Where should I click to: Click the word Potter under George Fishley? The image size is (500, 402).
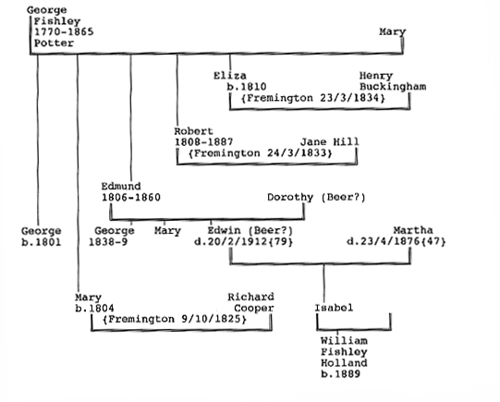coord(54,43)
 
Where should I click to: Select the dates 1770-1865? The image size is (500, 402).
coord(64,31)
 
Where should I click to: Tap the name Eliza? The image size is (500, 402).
coord(230,76)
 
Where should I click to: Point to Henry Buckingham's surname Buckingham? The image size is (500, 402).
coord(393,87)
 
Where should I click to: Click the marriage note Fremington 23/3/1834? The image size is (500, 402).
coord(312,98)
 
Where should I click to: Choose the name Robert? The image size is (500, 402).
coord(193,131)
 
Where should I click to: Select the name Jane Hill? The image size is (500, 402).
coord(330,142)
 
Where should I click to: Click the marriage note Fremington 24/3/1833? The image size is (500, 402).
coord(261,153)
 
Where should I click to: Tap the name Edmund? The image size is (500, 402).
coord(121,186)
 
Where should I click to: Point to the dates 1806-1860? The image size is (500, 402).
coord(131,198)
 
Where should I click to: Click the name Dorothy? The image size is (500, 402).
coord(290,198)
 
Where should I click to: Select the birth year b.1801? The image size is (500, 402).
coord(42,242)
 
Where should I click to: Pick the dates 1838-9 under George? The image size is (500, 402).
coord(108,242)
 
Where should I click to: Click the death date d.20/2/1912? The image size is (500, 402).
coord(231,241)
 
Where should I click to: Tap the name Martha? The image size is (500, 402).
coord(413,230)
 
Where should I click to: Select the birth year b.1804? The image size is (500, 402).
coord(94,309)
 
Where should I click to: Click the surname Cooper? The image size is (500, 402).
coord(254,309)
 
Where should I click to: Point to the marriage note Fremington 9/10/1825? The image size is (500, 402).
coord(175,319)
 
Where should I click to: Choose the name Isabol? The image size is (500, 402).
coord(334,308)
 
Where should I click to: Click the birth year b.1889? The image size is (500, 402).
coord(340,374)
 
